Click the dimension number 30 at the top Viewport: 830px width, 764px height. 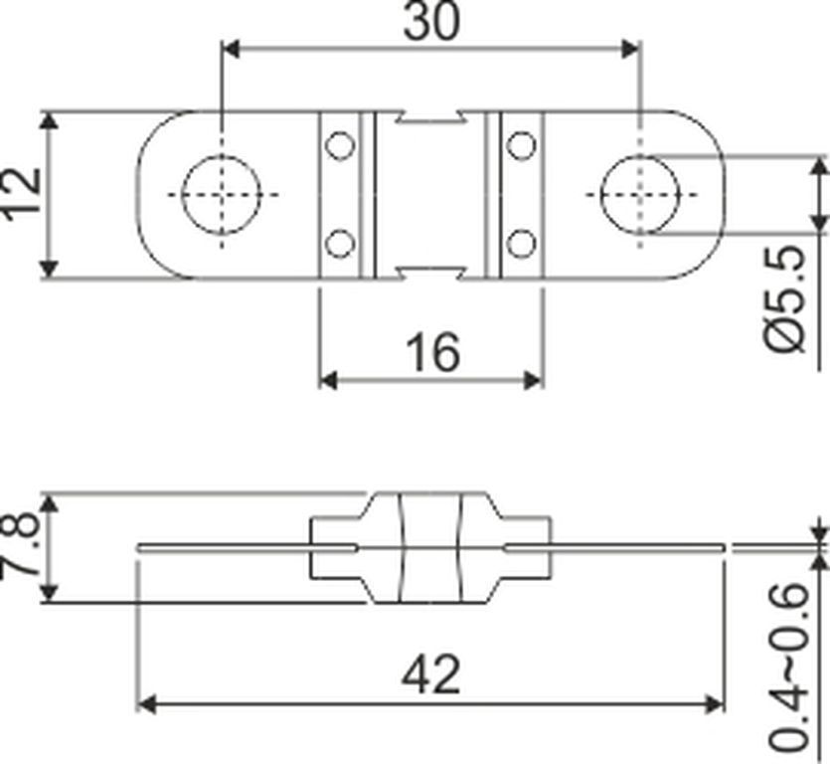[x=431, y=21]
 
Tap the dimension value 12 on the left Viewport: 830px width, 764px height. [x=21, y=192]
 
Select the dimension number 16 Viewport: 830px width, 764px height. [x=432, y=352]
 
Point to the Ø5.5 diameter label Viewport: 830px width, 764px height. [x=785, y=298]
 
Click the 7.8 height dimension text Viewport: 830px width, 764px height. [x=20, y=547]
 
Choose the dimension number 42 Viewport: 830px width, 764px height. [x=430, y=675]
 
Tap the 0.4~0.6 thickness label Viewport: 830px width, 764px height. [x=787, y=667]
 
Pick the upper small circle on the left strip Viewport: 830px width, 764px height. [x=340, y=145]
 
